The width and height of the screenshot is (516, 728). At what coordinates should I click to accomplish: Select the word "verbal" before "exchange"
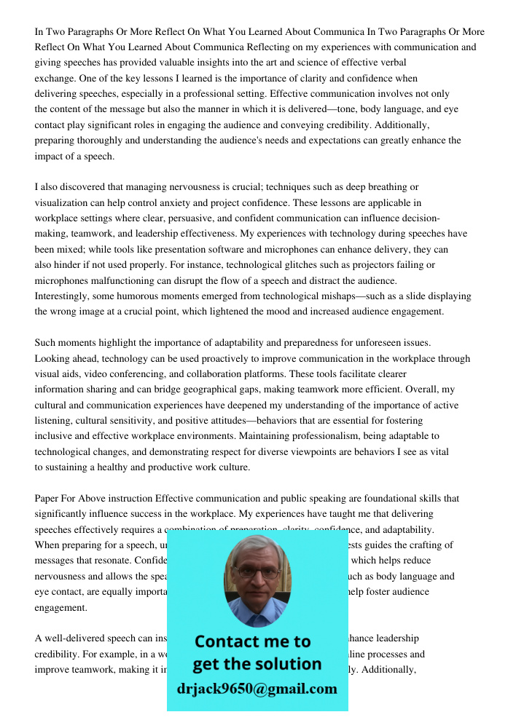point(392,63)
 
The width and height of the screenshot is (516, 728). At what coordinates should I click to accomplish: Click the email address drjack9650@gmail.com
point(257,689)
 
